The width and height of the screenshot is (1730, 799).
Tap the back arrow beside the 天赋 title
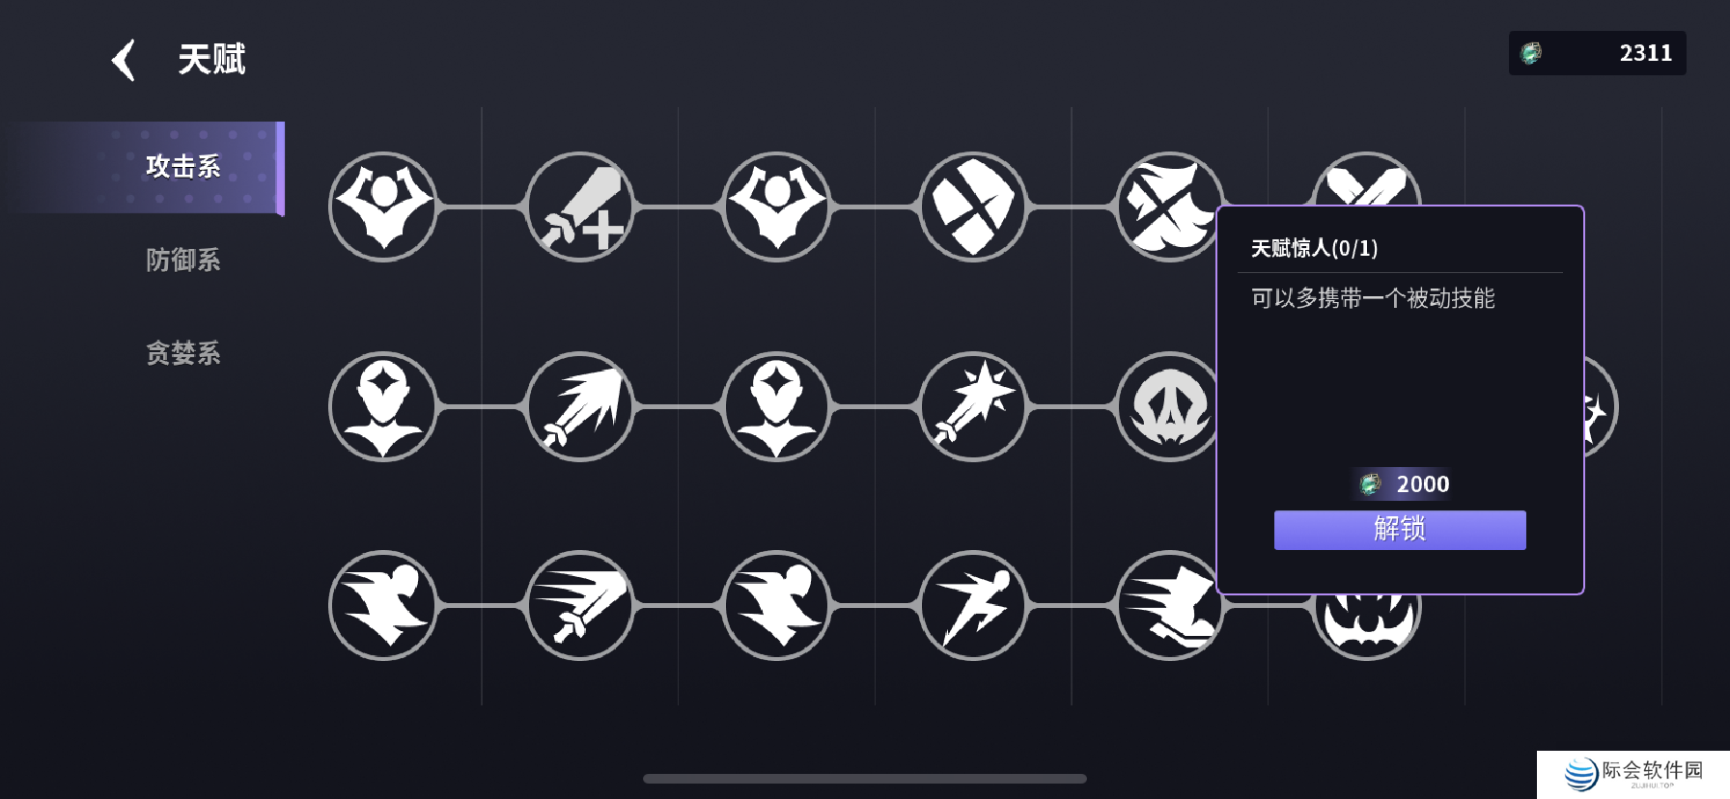(x=124, y=60)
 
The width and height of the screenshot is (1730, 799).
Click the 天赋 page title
(x=211, y=60)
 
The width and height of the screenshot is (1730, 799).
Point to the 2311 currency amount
(x=1645, y=53)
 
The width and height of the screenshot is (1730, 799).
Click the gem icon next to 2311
(x=1531, y=53)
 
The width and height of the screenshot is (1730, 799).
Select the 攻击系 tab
(x=183, y=167)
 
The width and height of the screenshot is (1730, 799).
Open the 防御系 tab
(x=183, y=260)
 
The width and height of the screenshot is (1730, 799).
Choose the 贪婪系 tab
(x=183, y=353)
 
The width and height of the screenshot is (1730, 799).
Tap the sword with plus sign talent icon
(x=580, y=207)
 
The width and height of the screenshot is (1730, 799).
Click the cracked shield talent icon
(x=973, y=207)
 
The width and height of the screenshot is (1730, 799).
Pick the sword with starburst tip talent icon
(x=973, y=406)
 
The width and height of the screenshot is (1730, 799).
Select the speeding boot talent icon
(x=1169, y=605)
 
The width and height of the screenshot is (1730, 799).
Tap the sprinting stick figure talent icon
(x=973, y=605)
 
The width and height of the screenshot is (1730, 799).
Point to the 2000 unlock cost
(x=1422, y=483)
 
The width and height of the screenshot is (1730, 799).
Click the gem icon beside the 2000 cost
(x=1370, y=483)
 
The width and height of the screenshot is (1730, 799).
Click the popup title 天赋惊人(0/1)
(x=1314, y=248)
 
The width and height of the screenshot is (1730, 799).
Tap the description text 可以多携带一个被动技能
(x=1372, y=298)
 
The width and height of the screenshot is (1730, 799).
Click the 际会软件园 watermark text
(x=1652, y=770)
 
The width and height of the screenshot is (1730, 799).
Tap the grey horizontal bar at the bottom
(x=864, y=779)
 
